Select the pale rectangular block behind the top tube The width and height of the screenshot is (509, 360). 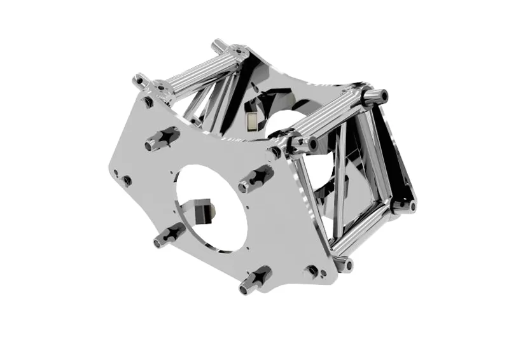253,120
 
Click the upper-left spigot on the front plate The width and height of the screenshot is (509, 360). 163,138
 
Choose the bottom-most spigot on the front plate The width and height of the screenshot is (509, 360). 255,280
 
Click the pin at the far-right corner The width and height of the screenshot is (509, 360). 412,205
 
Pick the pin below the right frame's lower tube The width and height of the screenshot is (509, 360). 347,264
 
